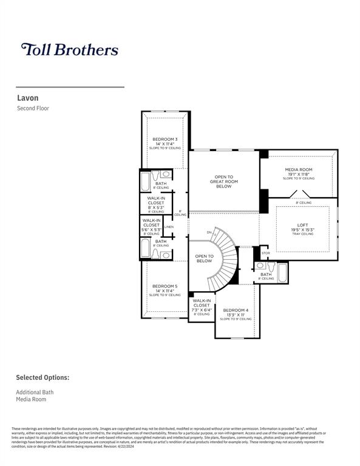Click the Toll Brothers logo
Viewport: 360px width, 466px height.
(x=69, y=49)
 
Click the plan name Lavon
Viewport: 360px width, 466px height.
(x=27, y=97)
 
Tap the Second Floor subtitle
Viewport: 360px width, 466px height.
(x=33, y=108)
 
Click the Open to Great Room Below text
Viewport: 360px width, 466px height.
(x=223, y=182)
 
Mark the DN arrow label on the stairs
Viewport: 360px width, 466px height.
(x=209, y=232)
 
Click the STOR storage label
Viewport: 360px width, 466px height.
(x=265, y=252)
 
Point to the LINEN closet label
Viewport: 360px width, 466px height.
(x=169, y=228)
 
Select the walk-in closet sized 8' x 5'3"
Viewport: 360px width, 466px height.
(x=156, y=204)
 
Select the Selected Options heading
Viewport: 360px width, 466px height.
(x=42, y=377)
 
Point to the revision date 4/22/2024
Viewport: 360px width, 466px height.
(x=121, y=446)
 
